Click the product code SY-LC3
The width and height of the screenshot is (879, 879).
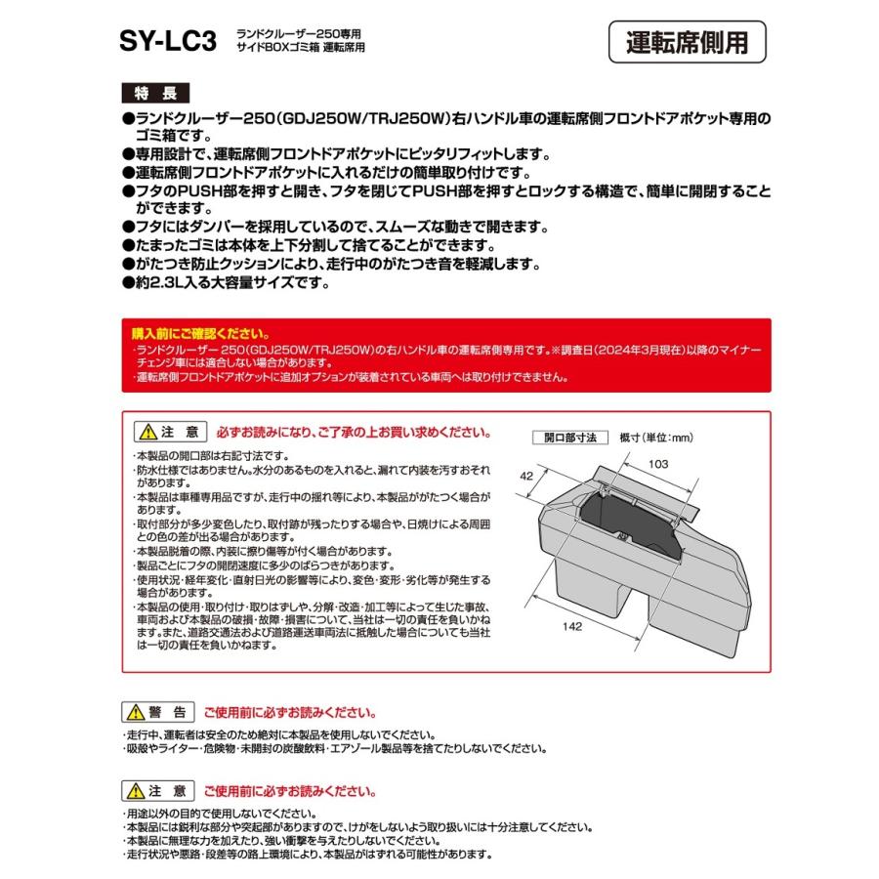tap(168, 42)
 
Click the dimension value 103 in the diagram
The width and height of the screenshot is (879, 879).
tap(658, 466)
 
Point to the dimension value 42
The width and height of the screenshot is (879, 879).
tap(527, 478)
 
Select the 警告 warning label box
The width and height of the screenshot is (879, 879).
tap(160, 712)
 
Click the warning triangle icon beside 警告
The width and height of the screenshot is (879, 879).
tap(139, 712)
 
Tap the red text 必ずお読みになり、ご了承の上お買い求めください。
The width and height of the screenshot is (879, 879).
tap(350, 432)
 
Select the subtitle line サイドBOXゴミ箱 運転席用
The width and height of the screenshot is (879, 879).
tap(301, 48)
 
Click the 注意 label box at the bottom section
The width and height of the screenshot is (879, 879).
tap(160, 790)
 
